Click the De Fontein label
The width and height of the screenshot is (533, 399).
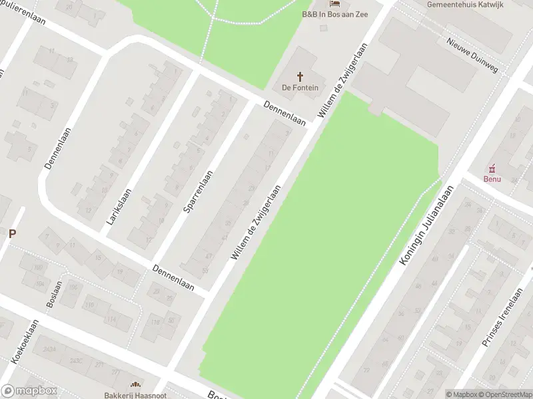point(300,87)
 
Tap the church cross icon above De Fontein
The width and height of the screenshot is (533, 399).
point(300,76)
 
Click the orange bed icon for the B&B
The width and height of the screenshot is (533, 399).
point(334,3)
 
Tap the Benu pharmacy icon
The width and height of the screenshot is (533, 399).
point(494,168)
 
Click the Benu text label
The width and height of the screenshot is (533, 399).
point(493,178)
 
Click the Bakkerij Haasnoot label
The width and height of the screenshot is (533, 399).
point(135,395)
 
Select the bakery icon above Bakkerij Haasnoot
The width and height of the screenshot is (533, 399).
point(135,384)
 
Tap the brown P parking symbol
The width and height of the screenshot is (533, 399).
point(11,233)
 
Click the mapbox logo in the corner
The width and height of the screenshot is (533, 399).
point(29,391)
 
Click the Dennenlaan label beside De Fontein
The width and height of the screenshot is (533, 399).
point(284,114)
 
